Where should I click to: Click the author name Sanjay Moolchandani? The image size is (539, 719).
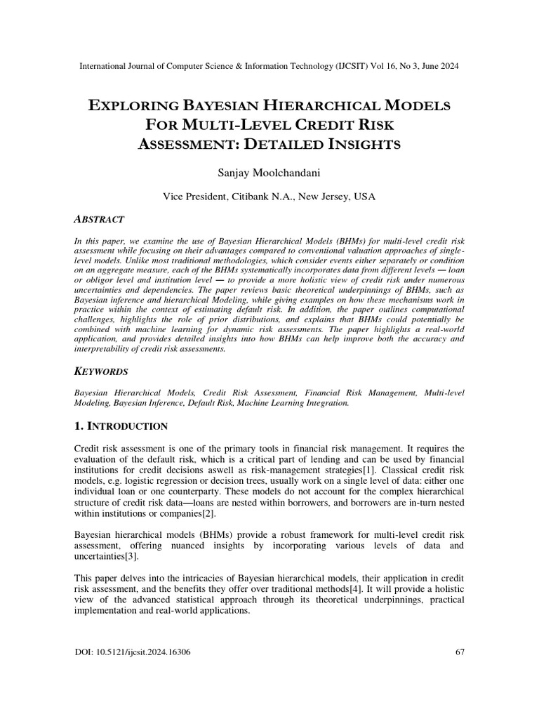[x=269, y=171]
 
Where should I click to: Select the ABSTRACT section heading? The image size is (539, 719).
[x=99, y=220]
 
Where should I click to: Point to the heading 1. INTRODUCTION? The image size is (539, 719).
[x=121, y=426]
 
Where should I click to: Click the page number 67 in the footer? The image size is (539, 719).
[x=460, y=652]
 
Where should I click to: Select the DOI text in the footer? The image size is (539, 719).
[x=132, y=652]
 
